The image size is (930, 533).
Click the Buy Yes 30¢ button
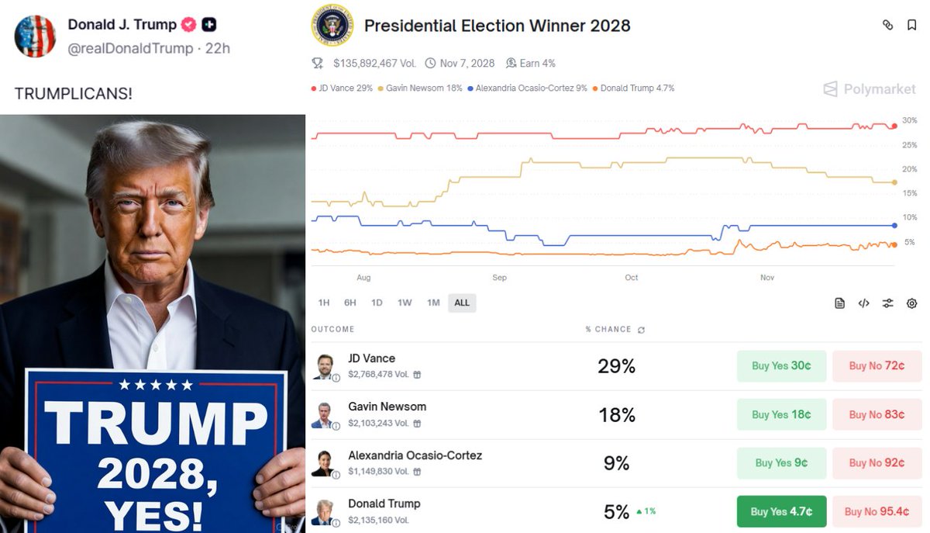tap(781, 366)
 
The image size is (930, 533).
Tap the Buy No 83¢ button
tap(877, 414)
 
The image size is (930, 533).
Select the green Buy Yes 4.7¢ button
tap(781, 511)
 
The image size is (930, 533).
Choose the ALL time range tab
tap(462, 303)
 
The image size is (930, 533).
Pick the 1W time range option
tap(405, 303)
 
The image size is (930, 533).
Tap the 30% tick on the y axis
tap(909, 121)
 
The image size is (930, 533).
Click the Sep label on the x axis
tap(499, 278)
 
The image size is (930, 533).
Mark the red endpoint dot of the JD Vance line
tap(894, 126)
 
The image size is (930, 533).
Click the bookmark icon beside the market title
tap(912, 25)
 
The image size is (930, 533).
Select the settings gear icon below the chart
tap(911, 303)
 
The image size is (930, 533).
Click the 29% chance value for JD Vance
tap(616, 366)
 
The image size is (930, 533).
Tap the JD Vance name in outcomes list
tap(371, 358)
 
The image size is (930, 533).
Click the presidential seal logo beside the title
tap(332, 26)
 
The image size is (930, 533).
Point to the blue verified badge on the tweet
tap(188, 25)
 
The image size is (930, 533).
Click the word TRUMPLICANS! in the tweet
tap(74, 94)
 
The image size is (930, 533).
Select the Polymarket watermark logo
tap(870, 89)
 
